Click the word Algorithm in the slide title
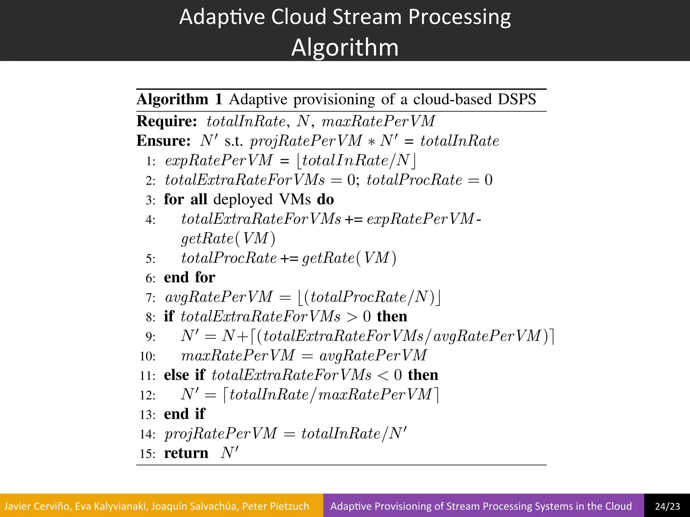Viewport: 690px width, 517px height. pos(345,47)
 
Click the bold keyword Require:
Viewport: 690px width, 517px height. pos(167,121)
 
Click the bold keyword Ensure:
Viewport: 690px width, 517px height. pos(163,141)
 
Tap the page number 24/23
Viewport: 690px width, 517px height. pos(667,506)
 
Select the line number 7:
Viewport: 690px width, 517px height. pos(151,298)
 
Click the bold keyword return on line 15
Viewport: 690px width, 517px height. pos(186,453)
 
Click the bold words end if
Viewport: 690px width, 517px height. pos(184,414)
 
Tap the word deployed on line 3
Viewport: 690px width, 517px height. pos(243,200)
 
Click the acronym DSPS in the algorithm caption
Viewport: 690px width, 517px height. pos(517,99)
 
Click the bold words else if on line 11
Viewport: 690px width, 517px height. pos(184,375)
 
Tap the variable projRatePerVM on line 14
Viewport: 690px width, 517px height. pos(221,434)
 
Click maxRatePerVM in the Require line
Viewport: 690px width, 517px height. pos(378,121)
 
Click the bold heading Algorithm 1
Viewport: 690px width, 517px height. pos(179,99)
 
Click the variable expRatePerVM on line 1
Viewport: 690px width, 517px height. pos(218,161)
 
